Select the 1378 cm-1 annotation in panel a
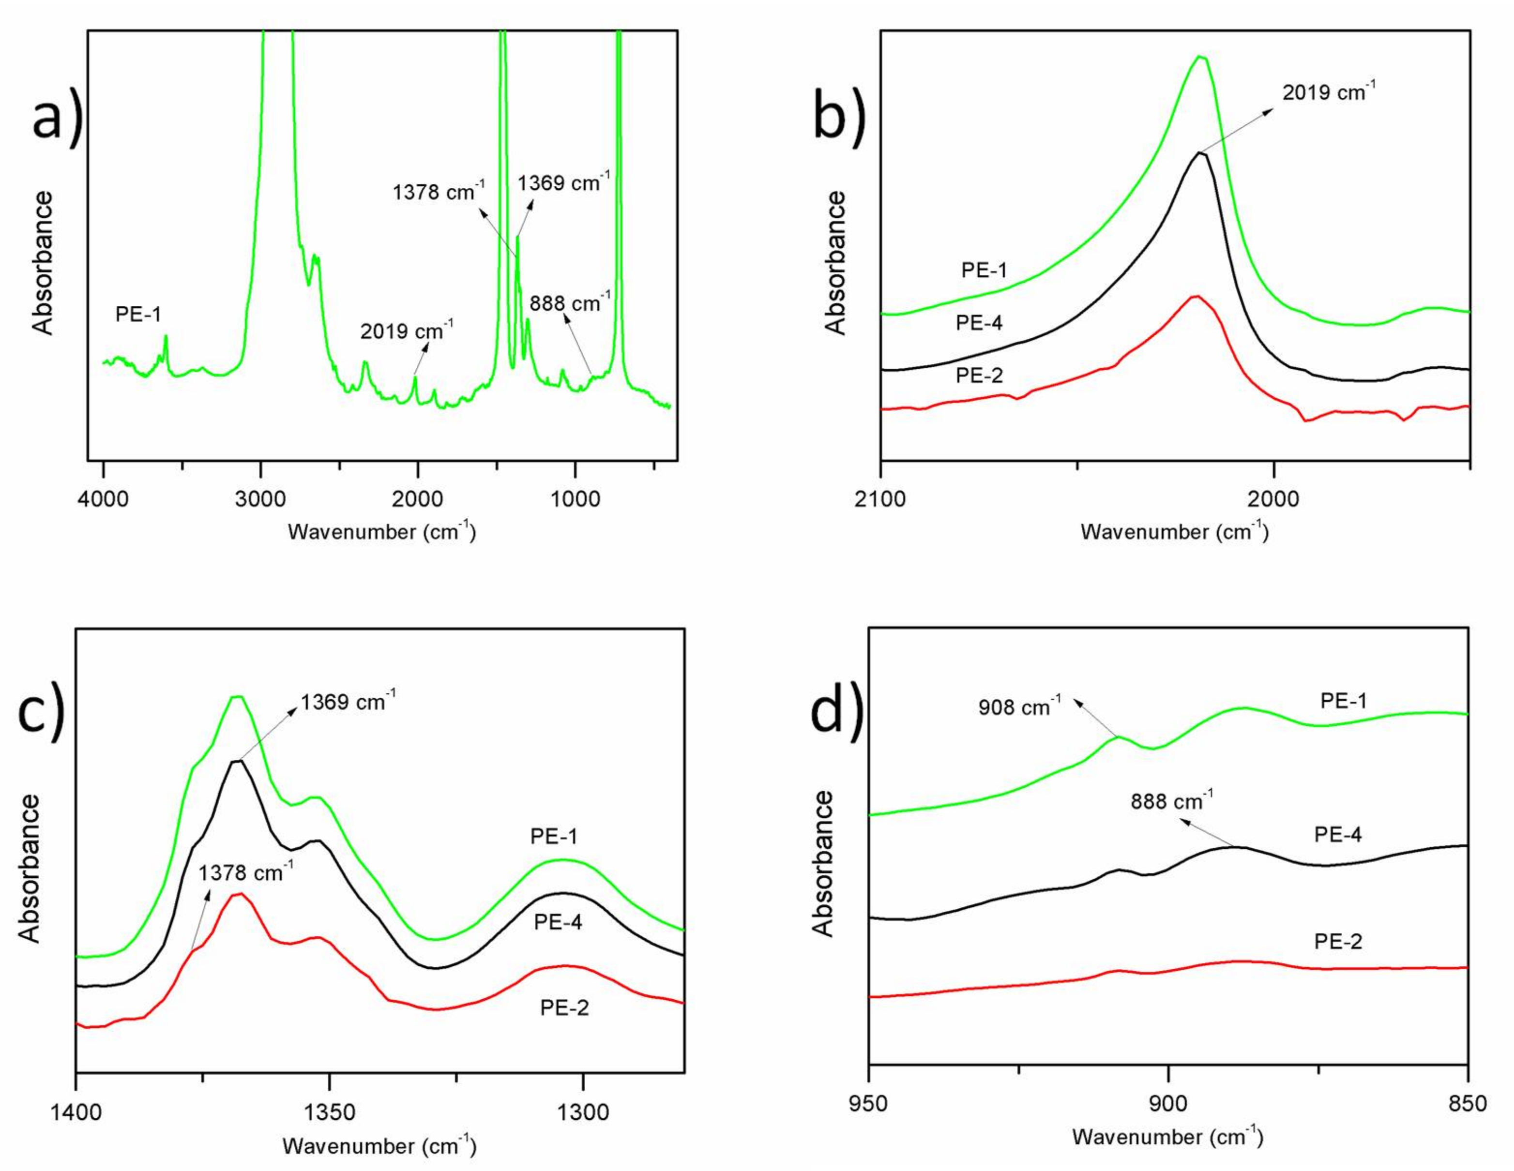438,191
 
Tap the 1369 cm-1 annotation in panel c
348,702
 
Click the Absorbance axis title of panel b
837,263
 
